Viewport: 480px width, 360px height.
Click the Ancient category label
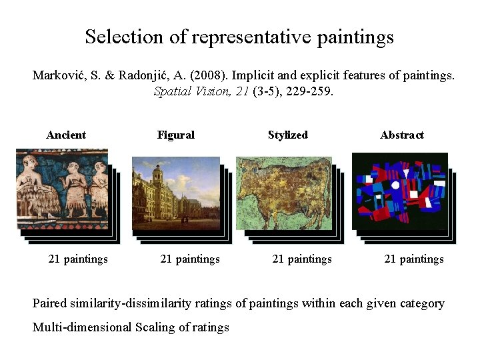(66, 135)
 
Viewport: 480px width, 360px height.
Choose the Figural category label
(176, 135)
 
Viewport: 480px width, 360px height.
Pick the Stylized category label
(288, 135)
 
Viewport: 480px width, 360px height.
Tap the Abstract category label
(402, 135)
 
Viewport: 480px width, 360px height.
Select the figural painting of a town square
(176, 193)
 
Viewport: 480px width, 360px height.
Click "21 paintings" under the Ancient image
(78, 259)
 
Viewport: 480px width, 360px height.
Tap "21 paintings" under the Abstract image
(414, 259)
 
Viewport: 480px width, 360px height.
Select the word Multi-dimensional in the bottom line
(82, 327)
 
